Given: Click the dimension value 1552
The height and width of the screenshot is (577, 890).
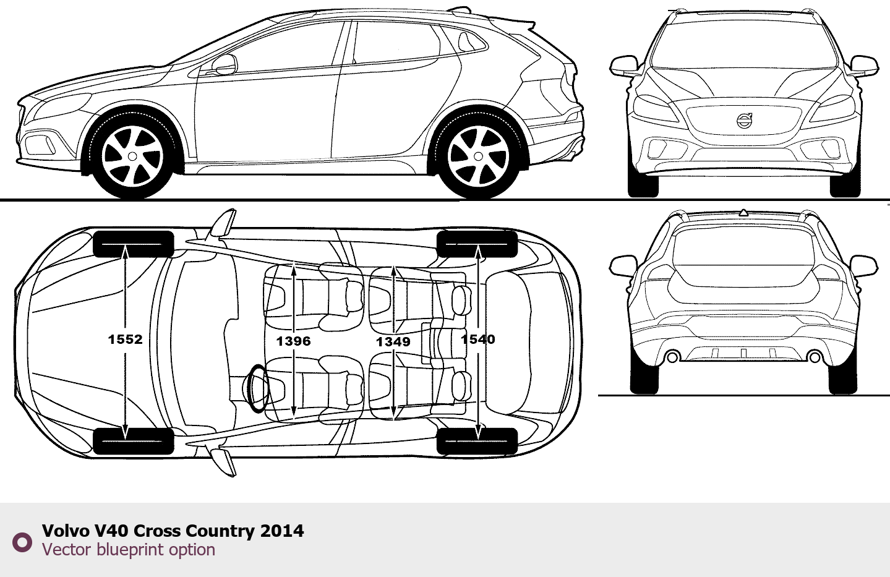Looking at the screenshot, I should (125, 339).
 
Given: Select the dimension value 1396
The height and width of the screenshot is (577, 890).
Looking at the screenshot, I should (293, 341).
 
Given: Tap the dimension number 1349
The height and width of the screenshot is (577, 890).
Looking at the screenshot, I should (393, 341).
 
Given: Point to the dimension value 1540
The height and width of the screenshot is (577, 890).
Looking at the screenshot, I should (477, 339).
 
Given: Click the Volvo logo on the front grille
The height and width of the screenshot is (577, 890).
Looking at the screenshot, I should (744, 121).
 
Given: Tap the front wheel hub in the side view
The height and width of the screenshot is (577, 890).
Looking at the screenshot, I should (132, 156).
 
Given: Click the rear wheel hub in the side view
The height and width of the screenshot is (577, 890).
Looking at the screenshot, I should (478, 156).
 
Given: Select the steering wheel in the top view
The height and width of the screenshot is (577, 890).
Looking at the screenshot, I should (257, 388).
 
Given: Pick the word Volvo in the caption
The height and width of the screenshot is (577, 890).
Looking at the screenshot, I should (66, 531).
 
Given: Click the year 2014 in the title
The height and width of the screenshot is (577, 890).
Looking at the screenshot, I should (282, 531).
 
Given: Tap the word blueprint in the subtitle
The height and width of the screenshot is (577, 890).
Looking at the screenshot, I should (131, 549).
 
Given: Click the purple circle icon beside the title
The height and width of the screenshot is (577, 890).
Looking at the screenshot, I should (22, 542).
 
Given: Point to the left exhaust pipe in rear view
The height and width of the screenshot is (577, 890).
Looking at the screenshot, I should (672, 357).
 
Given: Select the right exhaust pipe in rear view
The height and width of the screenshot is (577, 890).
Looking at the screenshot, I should (815, 357).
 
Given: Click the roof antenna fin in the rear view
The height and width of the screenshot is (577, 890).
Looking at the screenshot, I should (743, 213).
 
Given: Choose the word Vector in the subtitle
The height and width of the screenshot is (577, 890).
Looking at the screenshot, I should (66, 549).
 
